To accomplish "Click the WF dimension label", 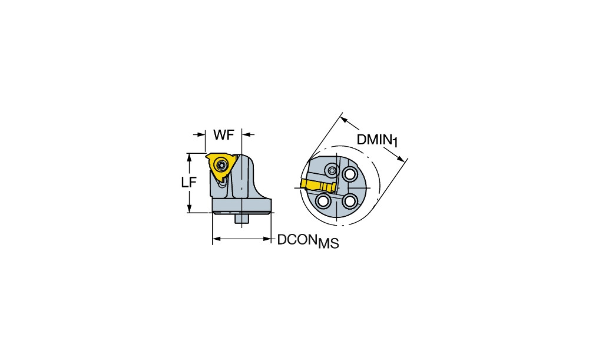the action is coord(224,134).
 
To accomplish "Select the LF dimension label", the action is coord(188,183).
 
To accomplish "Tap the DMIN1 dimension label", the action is coord(377,141).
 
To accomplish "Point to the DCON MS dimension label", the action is coord(308,241).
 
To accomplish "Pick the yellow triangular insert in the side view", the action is coord(220,167).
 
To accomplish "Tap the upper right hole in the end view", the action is coord(350,174).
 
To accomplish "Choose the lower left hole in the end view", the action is coord(323,202).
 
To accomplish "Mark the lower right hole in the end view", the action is coord(350,202).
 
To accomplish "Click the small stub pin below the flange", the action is coord(242,219).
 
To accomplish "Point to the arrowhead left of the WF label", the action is coord(201,134).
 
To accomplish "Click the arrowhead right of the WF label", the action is coord(246,134).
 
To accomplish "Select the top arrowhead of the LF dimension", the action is coord(190,158).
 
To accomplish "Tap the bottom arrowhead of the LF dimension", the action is coord(190,208).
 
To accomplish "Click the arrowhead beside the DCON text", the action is coord(267,239).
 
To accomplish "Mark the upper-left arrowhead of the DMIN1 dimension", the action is coord(344,120).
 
